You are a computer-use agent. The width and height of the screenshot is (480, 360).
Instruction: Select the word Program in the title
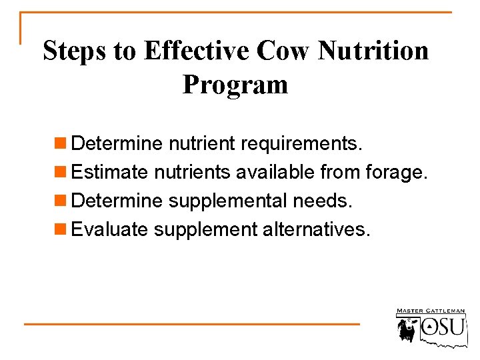pos(235,85)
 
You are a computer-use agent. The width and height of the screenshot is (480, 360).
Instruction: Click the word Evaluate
pos(110,229)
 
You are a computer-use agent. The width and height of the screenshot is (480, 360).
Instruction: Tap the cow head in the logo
pos(406,329)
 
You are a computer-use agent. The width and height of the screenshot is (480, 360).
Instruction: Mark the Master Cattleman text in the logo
pos(431,311)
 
